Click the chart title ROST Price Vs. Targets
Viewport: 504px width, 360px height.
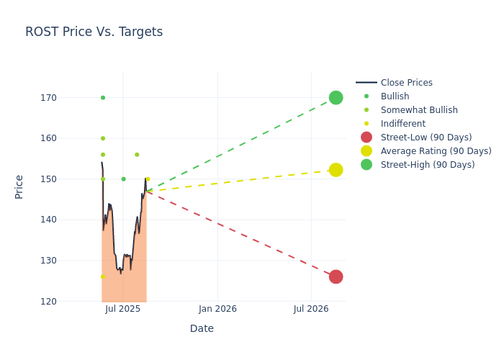pos(94,32)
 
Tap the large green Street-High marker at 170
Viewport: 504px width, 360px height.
pos(336,97)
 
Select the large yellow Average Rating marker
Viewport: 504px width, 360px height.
pos(336,170)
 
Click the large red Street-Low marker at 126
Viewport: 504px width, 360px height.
pos(336,276)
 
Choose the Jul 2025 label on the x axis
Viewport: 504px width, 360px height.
pos(122,309)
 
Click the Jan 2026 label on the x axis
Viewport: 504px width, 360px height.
pos(217,309)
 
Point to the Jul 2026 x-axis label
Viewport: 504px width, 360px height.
pos(311,309)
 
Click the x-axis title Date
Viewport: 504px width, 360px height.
pos(202,328)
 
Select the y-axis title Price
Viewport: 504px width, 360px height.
pos(19,186)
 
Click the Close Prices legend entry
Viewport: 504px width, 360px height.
pos(406,83)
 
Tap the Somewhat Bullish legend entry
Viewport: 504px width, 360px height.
pos(418,110)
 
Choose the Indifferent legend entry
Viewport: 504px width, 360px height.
pos(402,124)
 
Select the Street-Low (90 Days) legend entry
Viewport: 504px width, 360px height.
pos(426,138)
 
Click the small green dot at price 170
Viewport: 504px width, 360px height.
pos(103,98)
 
